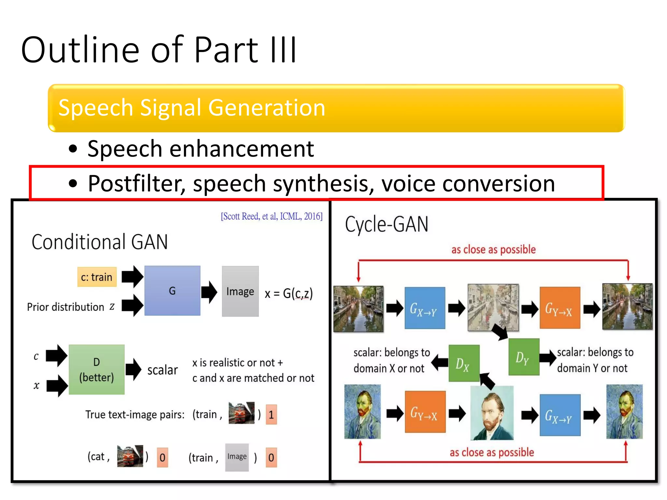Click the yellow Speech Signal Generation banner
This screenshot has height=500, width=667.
pyautogui.click(x=336, y=108)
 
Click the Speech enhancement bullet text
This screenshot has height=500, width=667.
pyautogui.click(x=200, y=149)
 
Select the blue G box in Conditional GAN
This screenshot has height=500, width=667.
pyautogui.click(x=172, y=291)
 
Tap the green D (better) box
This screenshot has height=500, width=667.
pyautogui.click(x=96, y=370)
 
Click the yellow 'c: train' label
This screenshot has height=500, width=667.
pyautogui.click(x=97, y=277)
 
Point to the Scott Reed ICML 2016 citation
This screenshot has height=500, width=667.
pyautogui.click(x=272, y=216)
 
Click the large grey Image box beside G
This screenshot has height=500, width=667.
pyautogui.click(x=240, y=291)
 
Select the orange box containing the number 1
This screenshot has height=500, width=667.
pyautogui.click(x=271, y=414)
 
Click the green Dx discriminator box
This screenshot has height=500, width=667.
pyautogui.click(x=464, y=363)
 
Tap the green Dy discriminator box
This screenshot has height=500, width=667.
pyautogui.click(x=524, y=357)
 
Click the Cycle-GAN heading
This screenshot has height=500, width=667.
pyautogui.click(x=387, y=225)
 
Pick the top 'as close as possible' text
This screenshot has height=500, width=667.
pyautogui.click(x=493, y=250)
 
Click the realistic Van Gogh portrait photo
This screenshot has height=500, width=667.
pyautogui.click(x=492, y=413)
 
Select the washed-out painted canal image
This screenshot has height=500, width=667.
pyautogui.click(x=493, y=307)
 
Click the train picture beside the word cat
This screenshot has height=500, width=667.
pyautogui.click(x=130, y=456)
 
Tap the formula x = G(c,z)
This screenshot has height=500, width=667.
pyautogui.click(x=289, y=294)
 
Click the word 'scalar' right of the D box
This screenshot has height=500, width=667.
pyautogui.click(x=163, y=370)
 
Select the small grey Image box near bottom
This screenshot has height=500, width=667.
pyautogui.click(x=237, y=457)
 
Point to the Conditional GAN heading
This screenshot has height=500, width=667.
pyautogui.click(x=100, y=242)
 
